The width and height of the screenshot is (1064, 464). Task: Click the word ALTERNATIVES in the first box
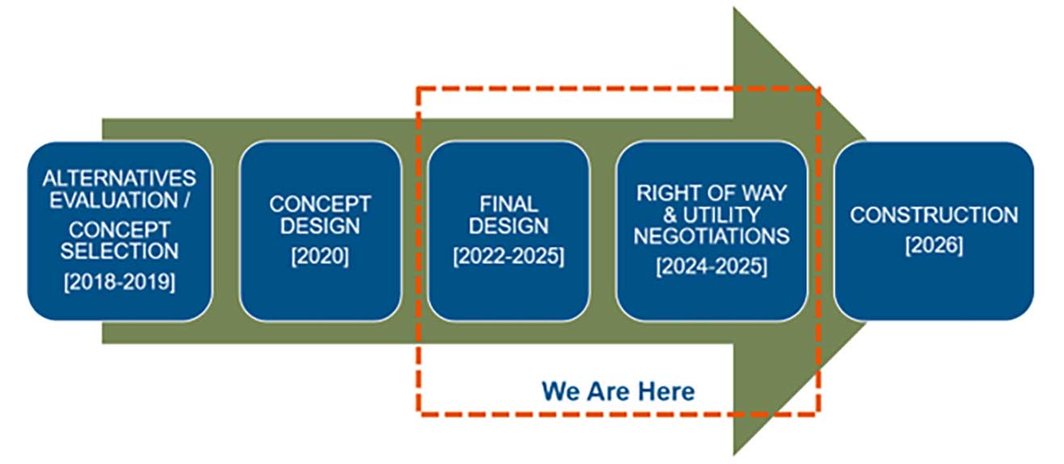(x=119, y=177)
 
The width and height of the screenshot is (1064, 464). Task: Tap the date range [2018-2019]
(x=119, y=282)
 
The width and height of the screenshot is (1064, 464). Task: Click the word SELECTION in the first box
(x=119, y=250)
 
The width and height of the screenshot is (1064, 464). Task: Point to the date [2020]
(x=320, y=257)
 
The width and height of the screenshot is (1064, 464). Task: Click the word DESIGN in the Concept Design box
(x=320, y=225)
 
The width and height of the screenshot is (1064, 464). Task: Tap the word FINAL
(x=509, y=203)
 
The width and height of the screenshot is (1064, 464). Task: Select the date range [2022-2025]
(x=509, y=257)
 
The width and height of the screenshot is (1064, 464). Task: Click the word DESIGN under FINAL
(x=509, y=225)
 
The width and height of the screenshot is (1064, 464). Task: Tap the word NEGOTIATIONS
(x=711, y=236)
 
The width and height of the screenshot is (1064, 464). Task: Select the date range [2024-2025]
(x=711, y=267)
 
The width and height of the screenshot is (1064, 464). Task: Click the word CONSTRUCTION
(x=934, y=215)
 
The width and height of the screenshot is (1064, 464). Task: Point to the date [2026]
(x=934, y=246)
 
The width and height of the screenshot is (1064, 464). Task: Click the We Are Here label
(x=618, y=391)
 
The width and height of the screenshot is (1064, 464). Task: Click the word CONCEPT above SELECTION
(x=119, y=229)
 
